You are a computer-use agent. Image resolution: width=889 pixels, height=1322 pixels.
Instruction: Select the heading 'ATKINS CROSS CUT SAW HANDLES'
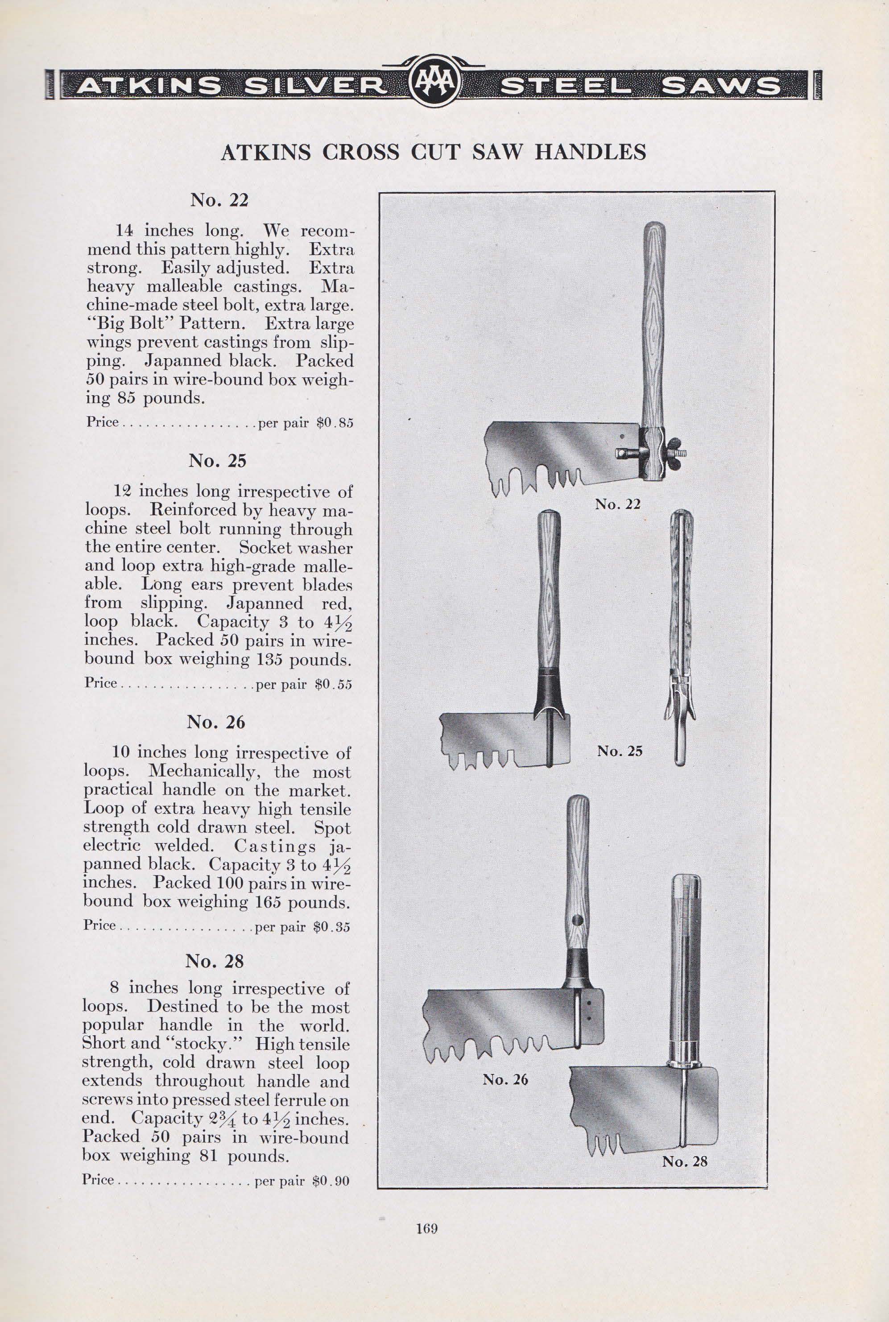[433, 153]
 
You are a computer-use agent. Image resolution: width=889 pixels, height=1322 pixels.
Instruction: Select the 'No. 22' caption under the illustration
[617, 504]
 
